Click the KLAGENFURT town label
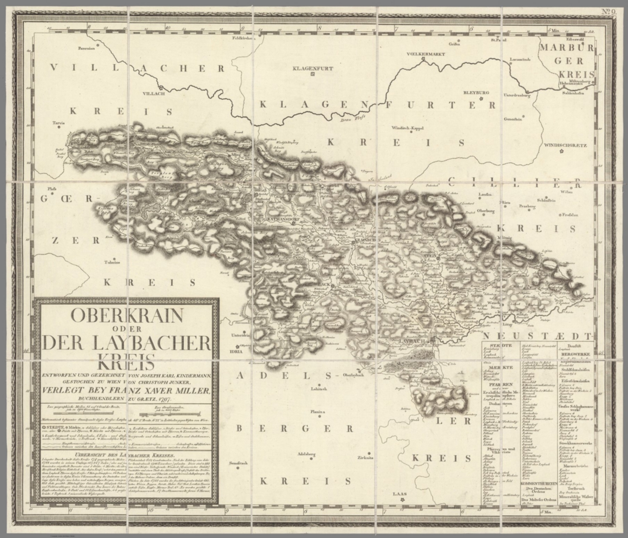point(313,68)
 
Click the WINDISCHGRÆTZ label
point(565,145)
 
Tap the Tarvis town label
point(58,122)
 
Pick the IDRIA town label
point(236,351)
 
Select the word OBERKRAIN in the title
point(126,315)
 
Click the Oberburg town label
point(486,211)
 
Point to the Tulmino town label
point(113,263)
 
